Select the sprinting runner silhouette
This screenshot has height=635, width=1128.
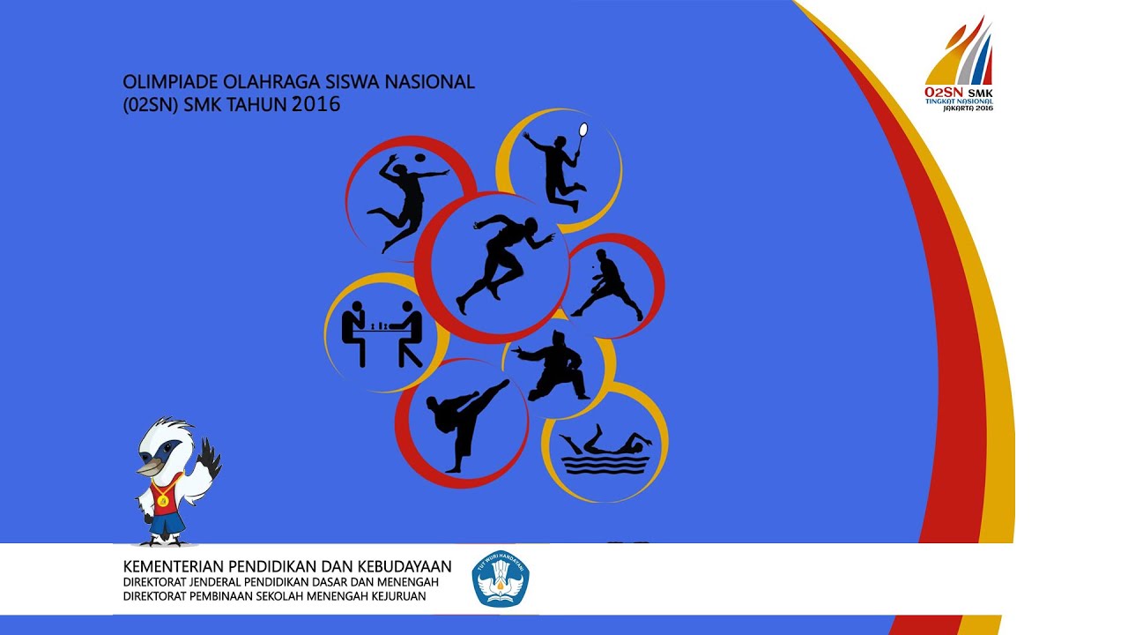click(x=502, y=261)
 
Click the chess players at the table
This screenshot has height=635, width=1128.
click(x=382, y=333)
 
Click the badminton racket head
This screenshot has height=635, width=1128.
click(x=583, y=131)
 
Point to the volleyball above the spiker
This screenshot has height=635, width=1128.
click(x=419, y=159)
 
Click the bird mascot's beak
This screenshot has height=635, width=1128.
click(x=150, y=465)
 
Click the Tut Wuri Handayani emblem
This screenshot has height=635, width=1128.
click(x=501, y=579)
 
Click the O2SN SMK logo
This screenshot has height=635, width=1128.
click(x=959, y=65)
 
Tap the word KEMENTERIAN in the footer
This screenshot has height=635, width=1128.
click(x=174, y=566)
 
